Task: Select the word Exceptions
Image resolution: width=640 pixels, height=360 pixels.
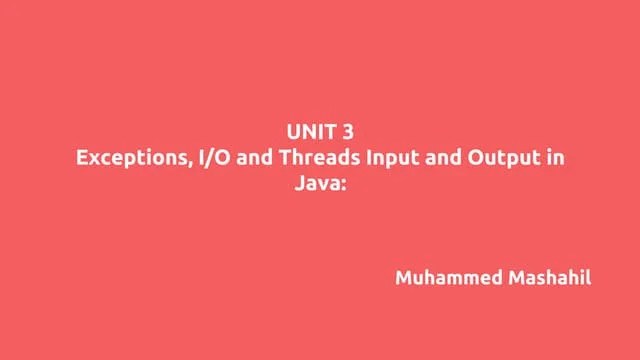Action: (x=126, y=157)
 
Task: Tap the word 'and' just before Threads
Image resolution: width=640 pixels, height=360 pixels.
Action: (x=243, y=157)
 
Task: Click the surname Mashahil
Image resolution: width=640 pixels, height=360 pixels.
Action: (x=548, y=277)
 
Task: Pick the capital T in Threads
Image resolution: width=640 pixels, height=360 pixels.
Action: (x=270, y=157)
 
